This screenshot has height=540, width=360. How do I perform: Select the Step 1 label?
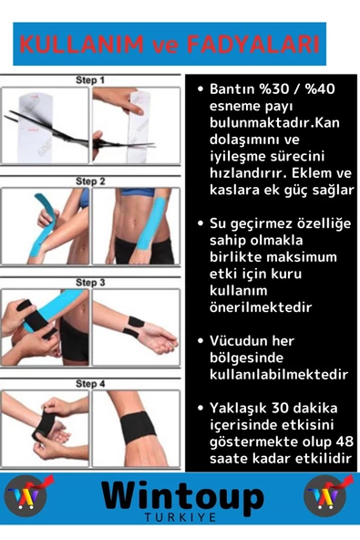90,80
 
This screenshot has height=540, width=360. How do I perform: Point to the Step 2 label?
90,182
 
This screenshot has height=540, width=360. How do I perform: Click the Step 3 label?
90,283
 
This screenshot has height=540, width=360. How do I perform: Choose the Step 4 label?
90,384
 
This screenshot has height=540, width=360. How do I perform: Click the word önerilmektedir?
261,307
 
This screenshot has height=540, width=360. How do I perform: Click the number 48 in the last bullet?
342,441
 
